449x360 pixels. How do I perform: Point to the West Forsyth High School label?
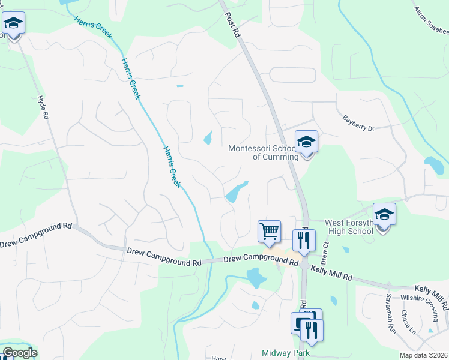click(x=349, y=227)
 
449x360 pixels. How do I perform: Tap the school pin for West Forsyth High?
click(x=384, y=215)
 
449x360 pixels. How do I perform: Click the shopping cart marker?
click(x=269, y=231)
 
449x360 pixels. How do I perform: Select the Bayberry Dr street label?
click(x=358, y=124)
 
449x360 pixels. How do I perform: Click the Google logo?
click(x=20, y=353)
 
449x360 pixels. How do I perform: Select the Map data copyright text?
click(x=423, y=355)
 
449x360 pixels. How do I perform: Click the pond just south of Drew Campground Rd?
click(x=256, y=278)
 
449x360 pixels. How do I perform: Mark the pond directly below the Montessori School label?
click(x=236, y=192)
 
